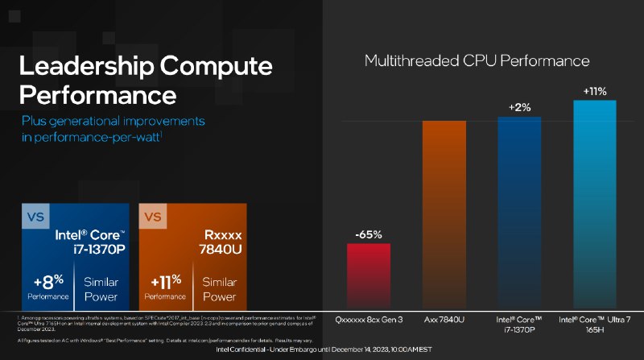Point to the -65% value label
369,234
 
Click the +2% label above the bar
520,108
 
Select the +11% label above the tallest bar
595,91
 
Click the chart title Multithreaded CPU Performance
477,60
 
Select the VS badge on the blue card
36,217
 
